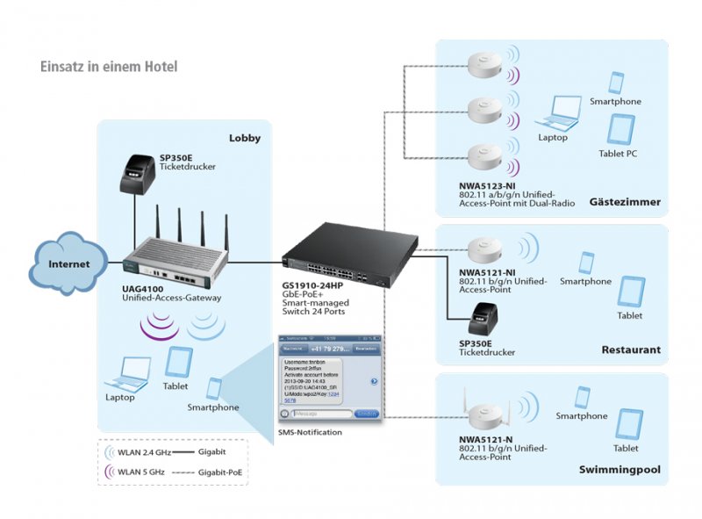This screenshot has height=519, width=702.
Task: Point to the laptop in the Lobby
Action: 126,374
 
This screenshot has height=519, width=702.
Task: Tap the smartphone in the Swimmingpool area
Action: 580,397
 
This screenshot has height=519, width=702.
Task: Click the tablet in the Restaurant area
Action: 631,292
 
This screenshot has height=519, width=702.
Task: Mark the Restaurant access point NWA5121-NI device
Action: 482,249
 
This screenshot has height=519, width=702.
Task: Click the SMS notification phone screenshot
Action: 329,378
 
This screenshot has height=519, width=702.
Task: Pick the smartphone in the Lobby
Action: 215,387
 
